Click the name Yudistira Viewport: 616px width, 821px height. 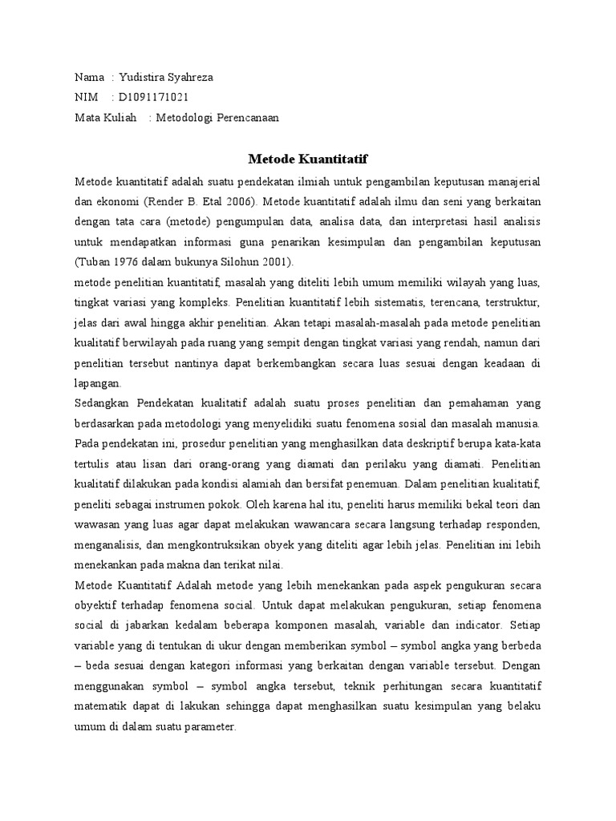143,78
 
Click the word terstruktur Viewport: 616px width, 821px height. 513,304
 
